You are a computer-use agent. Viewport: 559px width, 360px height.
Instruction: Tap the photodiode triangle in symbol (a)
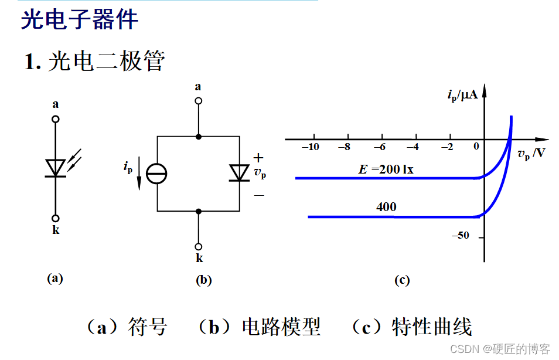point(56,168)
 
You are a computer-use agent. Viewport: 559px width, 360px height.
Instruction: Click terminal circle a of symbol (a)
point(56,120)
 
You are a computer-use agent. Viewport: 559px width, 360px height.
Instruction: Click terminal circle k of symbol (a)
point(56,218)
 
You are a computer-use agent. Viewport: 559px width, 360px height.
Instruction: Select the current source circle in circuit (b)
point(156,174)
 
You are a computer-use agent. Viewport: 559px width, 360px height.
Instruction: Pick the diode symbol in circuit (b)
point(239,173)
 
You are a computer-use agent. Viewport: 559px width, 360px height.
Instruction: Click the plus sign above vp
point(258,158)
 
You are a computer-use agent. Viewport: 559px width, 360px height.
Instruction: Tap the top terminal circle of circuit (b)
point(199,101)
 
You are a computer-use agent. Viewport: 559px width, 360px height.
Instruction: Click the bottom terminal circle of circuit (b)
point(199,247)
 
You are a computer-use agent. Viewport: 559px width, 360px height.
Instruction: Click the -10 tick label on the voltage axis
point(311,147)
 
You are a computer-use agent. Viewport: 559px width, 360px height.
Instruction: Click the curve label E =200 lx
point(386,170)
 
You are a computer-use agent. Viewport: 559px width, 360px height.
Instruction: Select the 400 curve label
point(386,207)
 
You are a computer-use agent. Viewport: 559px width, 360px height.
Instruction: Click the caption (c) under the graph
point(401,280)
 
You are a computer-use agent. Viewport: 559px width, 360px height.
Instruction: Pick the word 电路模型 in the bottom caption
point(281,327)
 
